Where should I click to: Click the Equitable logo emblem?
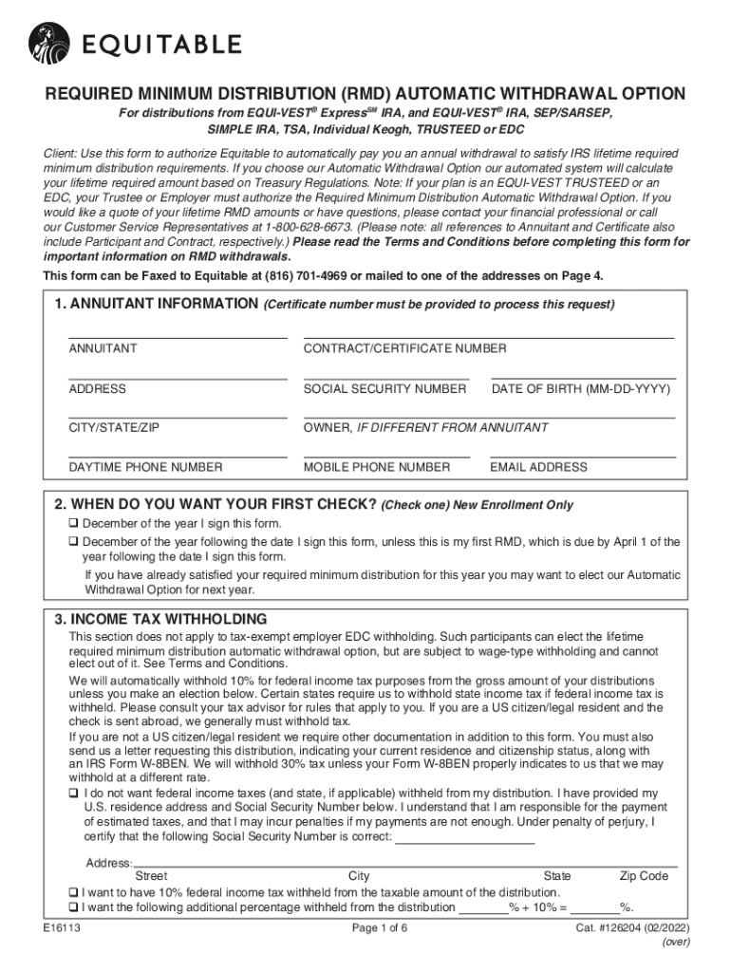click(49, 42)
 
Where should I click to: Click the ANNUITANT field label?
click(103, 348)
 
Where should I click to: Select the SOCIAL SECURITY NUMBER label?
click(384, 389)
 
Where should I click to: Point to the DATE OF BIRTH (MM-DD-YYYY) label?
click(580, 389)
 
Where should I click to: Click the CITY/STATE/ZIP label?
click(114, 428)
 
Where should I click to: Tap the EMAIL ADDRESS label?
click(538, 467)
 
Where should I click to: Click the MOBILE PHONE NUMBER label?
click(377, 467)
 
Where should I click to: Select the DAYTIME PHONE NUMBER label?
click(145, 467)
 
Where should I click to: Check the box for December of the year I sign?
click(74, 524)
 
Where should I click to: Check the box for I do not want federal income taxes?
click(74, 793)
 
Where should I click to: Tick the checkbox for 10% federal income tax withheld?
click(73, 892)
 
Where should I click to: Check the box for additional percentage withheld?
click(73, 907)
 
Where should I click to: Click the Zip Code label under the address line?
click(644, 876)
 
